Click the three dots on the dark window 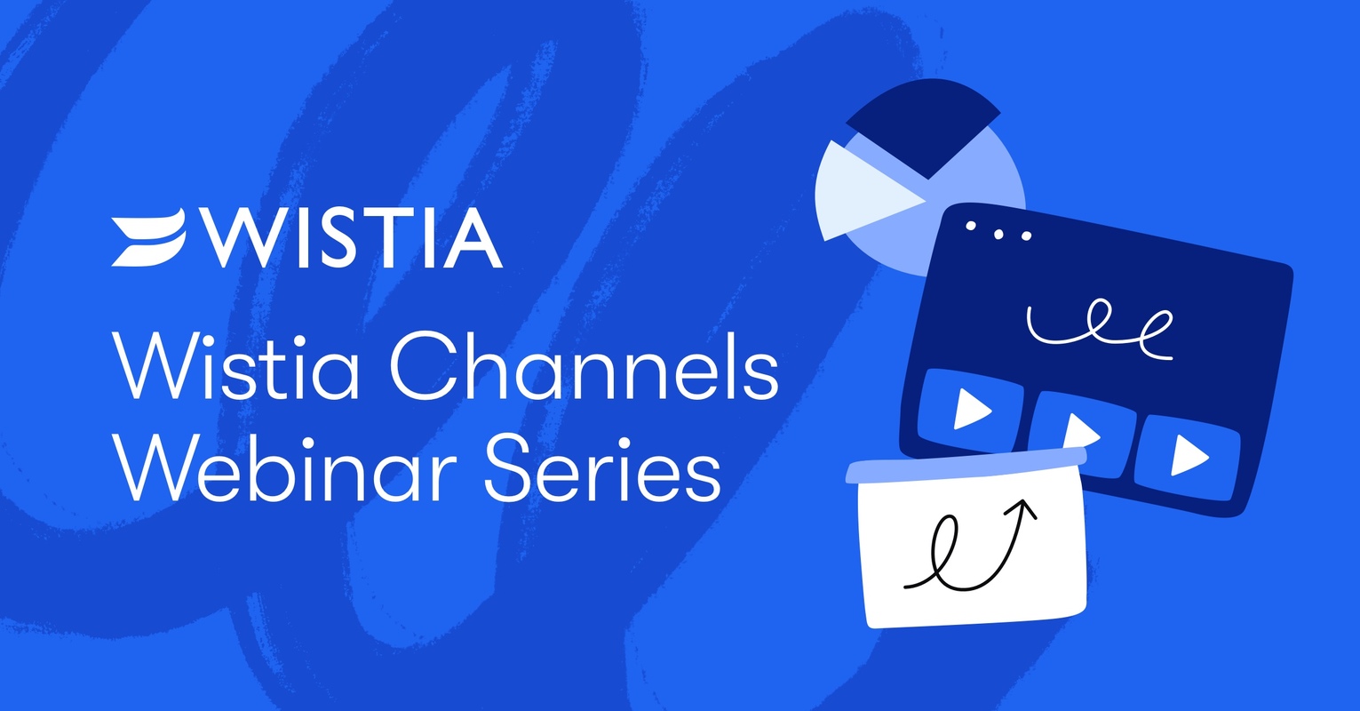(998, 232)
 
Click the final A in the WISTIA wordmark (470, 237)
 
